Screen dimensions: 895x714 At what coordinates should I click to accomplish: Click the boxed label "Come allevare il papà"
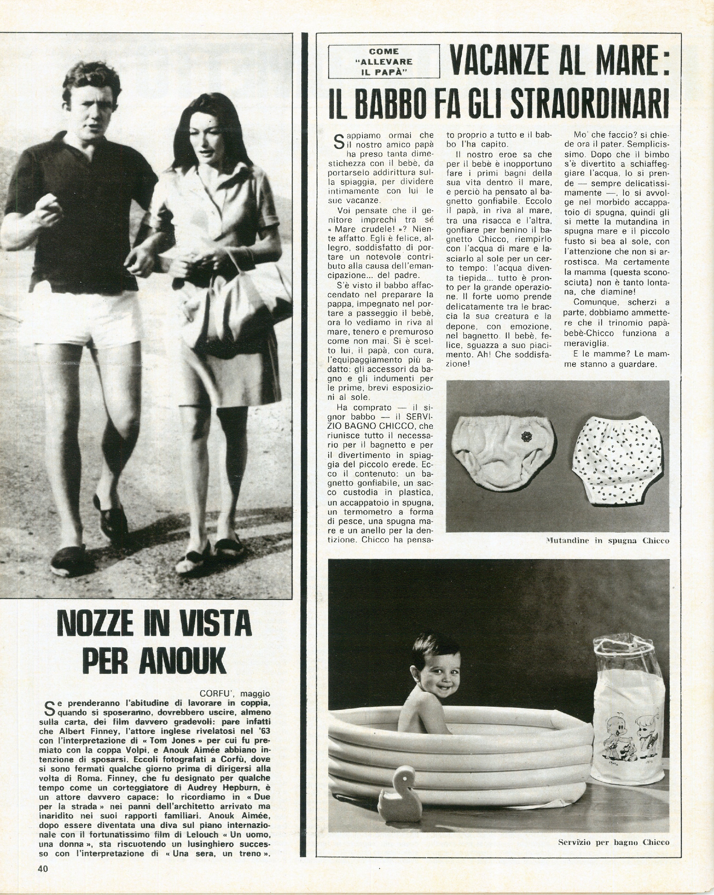(x=384, y=62)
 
